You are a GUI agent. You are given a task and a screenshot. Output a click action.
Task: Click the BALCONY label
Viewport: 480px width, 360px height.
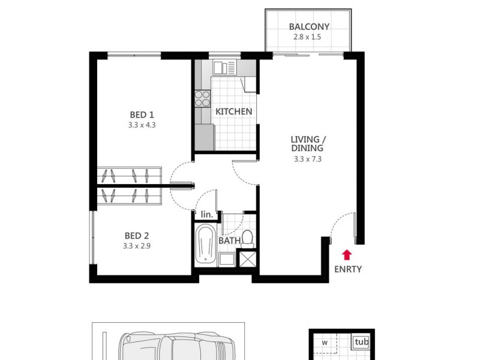(310, 26)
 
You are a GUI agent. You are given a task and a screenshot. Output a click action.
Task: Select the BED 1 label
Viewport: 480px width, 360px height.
(142, 115)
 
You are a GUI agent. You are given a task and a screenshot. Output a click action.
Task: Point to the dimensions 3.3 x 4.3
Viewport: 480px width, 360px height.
(142, 125)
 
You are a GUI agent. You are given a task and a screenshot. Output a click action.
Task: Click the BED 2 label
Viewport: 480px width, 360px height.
(137, 236)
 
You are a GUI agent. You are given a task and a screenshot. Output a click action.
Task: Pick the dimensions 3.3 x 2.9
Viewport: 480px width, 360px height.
(137, 246)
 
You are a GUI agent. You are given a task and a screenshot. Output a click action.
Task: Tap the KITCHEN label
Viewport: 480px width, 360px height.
(234, 112)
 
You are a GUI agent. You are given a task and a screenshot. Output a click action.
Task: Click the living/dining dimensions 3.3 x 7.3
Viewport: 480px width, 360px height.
(308, 159)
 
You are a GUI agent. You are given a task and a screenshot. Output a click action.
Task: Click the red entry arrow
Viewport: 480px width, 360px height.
(347, 254)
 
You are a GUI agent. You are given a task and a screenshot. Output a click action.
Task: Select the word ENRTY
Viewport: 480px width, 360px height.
(348, 269)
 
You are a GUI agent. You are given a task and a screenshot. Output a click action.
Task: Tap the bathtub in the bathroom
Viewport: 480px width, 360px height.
(206, 245)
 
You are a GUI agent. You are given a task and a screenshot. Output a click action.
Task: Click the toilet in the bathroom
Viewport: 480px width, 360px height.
(248, 239)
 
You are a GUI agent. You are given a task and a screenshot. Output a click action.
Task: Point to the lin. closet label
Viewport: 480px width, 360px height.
(207, 214)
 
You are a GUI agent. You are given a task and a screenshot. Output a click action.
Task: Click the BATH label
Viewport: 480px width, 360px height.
(229, 241)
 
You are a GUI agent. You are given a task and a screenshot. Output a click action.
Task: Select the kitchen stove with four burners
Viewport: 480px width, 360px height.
(202, 98)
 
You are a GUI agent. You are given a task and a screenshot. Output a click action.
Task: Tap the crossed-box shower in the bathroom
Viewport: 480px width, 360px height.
(247, 259)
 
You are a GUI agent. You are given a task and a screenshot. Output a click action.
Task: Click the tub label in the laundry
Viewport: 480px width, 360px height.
(361, 342)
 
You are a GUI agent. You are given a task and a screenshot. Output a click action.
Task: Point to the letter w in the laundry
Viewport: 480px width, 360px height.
(324, 343)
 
